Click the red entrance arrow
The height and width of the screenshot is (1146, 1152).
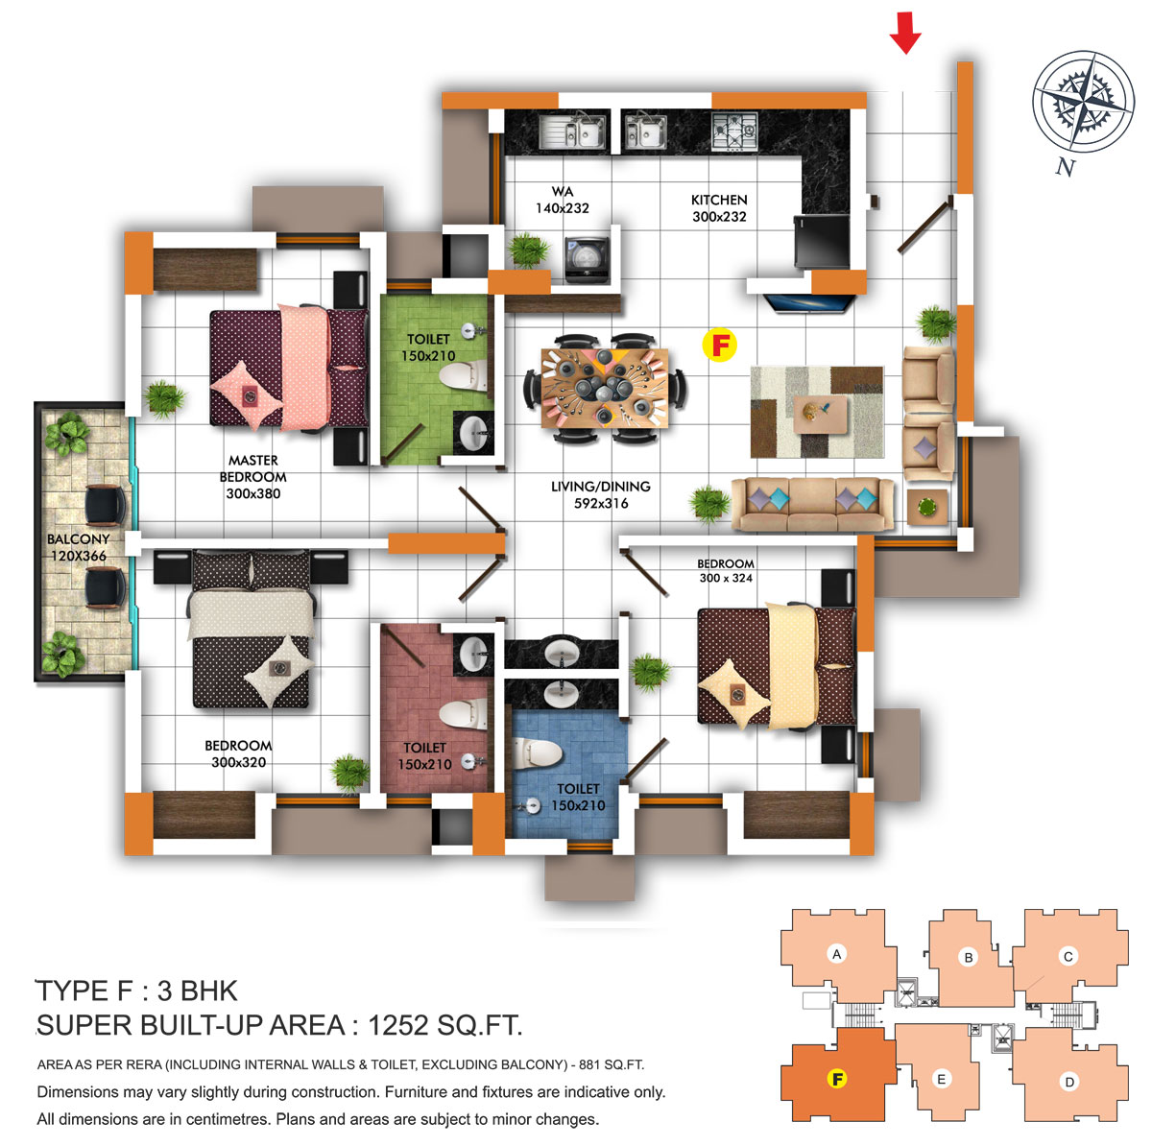coord(904,32)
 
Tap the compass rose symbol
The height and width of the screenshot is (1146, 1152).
coord(1083,101)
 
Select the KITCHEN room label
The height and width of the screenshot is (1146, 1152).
coord(719,200)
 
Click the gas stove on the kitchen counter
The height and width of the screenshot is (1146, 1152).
coord(734,131)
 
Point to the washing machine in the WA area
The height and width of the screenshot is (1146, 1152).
coord(588,259)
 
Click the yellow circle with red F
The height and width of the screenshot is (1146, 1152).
coord(719,345)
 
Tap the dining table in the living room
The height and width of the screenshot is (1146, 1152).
coord(604,388)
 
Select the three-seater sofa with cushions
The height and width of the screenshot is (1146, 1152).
coord(812,504)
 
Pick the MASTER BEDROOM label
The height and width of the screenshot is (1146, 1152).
coord(252,468)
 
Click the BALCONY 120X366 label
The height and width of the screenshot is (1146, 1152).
coord(78,547)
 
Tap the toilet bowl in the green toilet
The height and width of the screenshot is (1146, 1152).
coord(462,375)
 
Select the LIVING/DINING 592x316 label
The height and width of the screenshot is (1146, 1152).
coord(600,494)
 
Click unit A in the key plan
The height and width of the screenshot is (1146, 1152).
coord(836,954)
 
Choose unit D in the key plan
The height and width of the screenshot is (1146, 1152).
coord(1068,1081)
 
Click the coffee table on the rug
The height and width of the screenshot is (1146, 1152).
coord(820,414)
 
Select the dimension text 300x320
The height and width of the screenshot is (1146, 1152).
coord(238,762)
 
